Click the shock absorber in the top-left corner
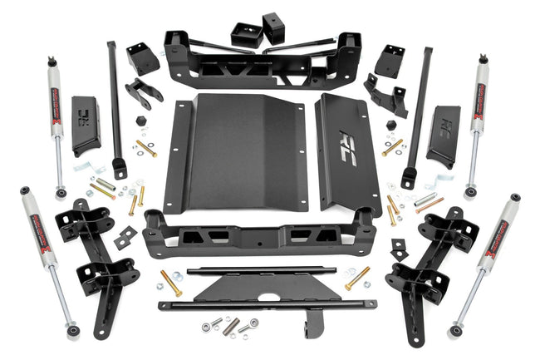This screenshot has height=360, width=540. [55, 116]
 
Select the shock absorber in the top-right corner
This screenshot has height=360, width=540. [481, 116]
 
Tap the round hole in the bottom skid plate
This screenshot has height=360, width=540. [271, 294]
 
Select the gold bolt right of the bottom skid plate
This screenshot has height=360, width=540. [358, 278]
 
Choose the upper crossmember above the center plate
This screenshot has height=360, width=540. [262, 67]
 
